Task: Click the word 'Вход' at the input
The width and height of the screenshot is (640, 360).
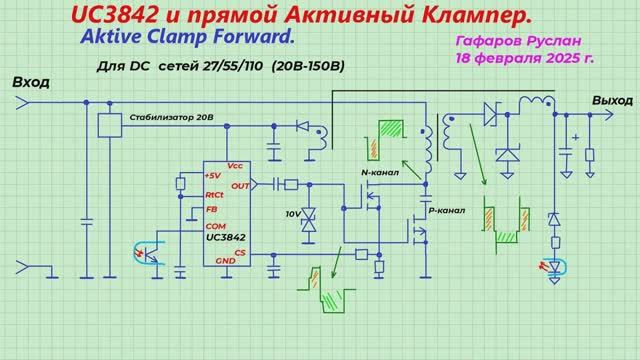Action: (31, 82)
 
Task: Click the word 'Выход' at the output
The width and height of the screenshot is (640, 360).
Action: (612, 101)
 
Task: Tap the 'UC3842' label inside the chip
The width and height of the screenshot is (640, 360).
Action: (227, 238)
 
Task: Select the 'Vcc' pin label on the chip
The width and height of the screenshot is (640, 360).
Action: (235, 165)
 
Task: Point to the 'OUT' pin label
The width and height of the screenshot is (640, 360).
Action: (239, 185)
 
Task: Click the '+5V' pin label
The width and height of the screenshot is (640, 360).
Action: (212, 176)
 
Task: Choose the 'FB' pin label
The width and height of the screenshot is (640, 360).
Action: (211, 210)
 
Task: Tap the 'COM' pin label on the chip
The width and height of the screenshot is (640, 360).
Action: (215, 227)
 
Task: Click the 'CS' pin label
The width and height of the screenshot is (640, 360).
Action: (240, 252)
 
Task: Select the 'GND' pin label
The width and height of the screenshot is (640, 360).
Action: (226, 260)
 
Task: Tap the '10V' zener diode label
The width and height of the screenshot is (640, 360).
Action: (293, 215)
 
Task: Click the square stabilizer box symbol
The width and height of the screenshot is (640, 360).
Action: (109, 125)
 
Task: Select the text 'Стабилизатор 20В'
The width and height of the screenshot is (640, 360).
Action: (171, 118)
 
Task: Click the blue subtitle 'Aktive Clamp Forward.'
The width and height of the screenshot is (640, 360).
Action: (183, 36)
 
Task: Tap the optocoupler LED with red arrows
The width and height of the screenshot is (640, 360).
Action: (549, 266)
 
